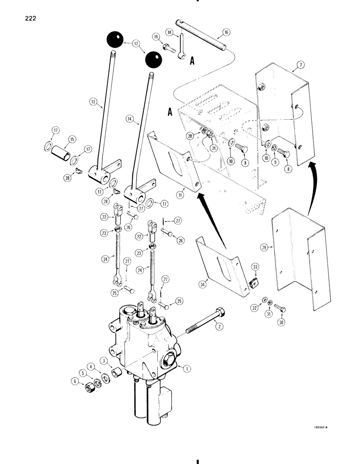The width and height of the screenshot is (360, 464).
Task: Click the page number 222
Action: tap(27, 19)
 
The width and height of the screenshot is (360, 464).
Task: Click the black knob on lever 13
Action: tap(115, 39)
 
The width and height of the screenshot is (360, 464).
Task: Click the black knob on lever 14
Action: tap(154, 60)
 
